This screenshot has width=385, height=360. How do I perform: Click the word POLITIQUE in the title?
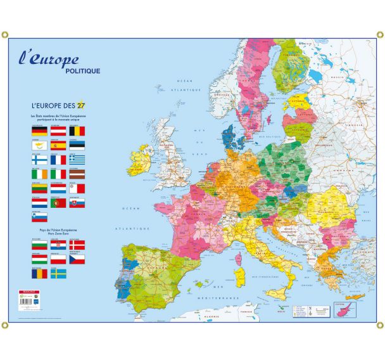82,70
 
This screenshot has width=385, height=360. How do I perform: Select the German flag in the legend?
39,131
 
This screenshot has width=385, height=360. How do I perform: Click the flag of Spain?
58,146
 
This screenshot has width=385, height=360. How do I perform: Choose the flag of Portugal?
58,203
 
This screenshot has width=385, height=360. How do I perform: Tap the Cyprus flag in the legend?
39,146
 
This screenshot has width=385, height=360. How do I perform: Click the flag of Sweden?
58,274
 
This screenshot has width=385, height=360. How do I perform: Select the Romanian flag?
39,274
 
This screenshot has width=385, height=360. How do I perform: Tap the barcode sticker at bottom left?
29,300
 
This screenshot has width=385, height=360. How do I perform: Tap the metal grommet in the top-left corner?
5,34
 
